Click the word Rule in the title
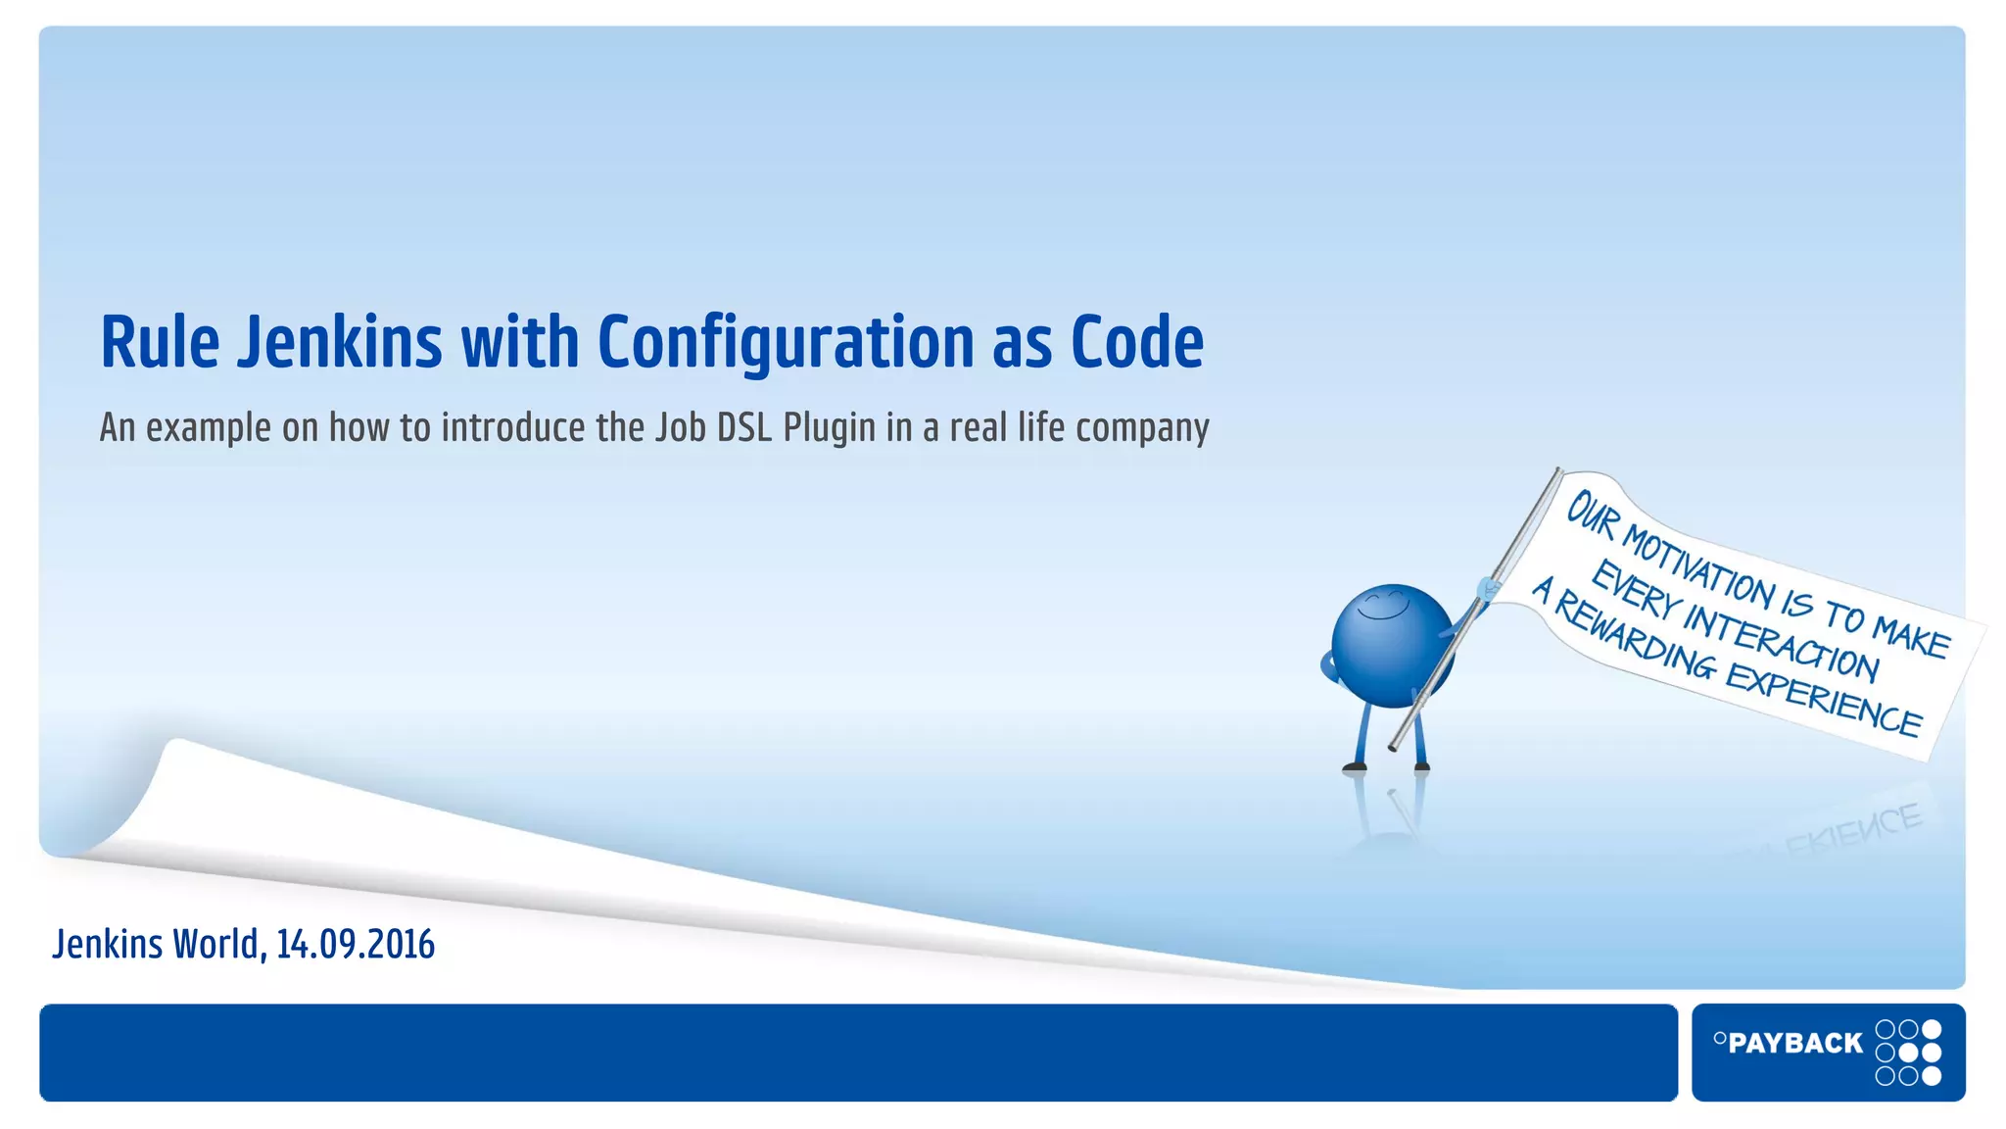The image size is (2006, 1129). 160,342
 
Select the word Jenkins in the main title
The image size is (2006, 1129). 340,342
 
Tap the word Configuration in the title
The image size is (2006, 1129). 786,342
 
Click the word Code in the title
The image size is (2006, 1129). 1136,342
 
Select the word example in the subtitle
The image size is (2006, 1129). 208,429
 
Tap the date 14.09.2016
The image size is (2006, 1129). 355,944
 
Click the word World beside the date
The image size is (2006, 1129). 215,944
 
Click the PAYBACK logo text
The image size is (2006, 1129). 1794,1043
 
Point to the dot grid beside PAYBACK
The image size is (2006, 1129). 1908,1053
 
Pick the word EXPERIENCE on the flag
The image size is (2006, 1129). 1823,700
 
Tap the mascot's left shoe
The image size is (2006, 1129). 1356,766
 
